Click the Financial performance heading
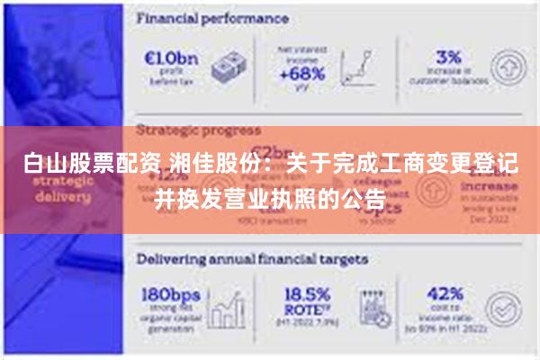(211, 18)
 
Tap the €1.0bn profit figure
(170, 56)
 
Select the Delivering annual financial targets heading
(252, 258)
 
